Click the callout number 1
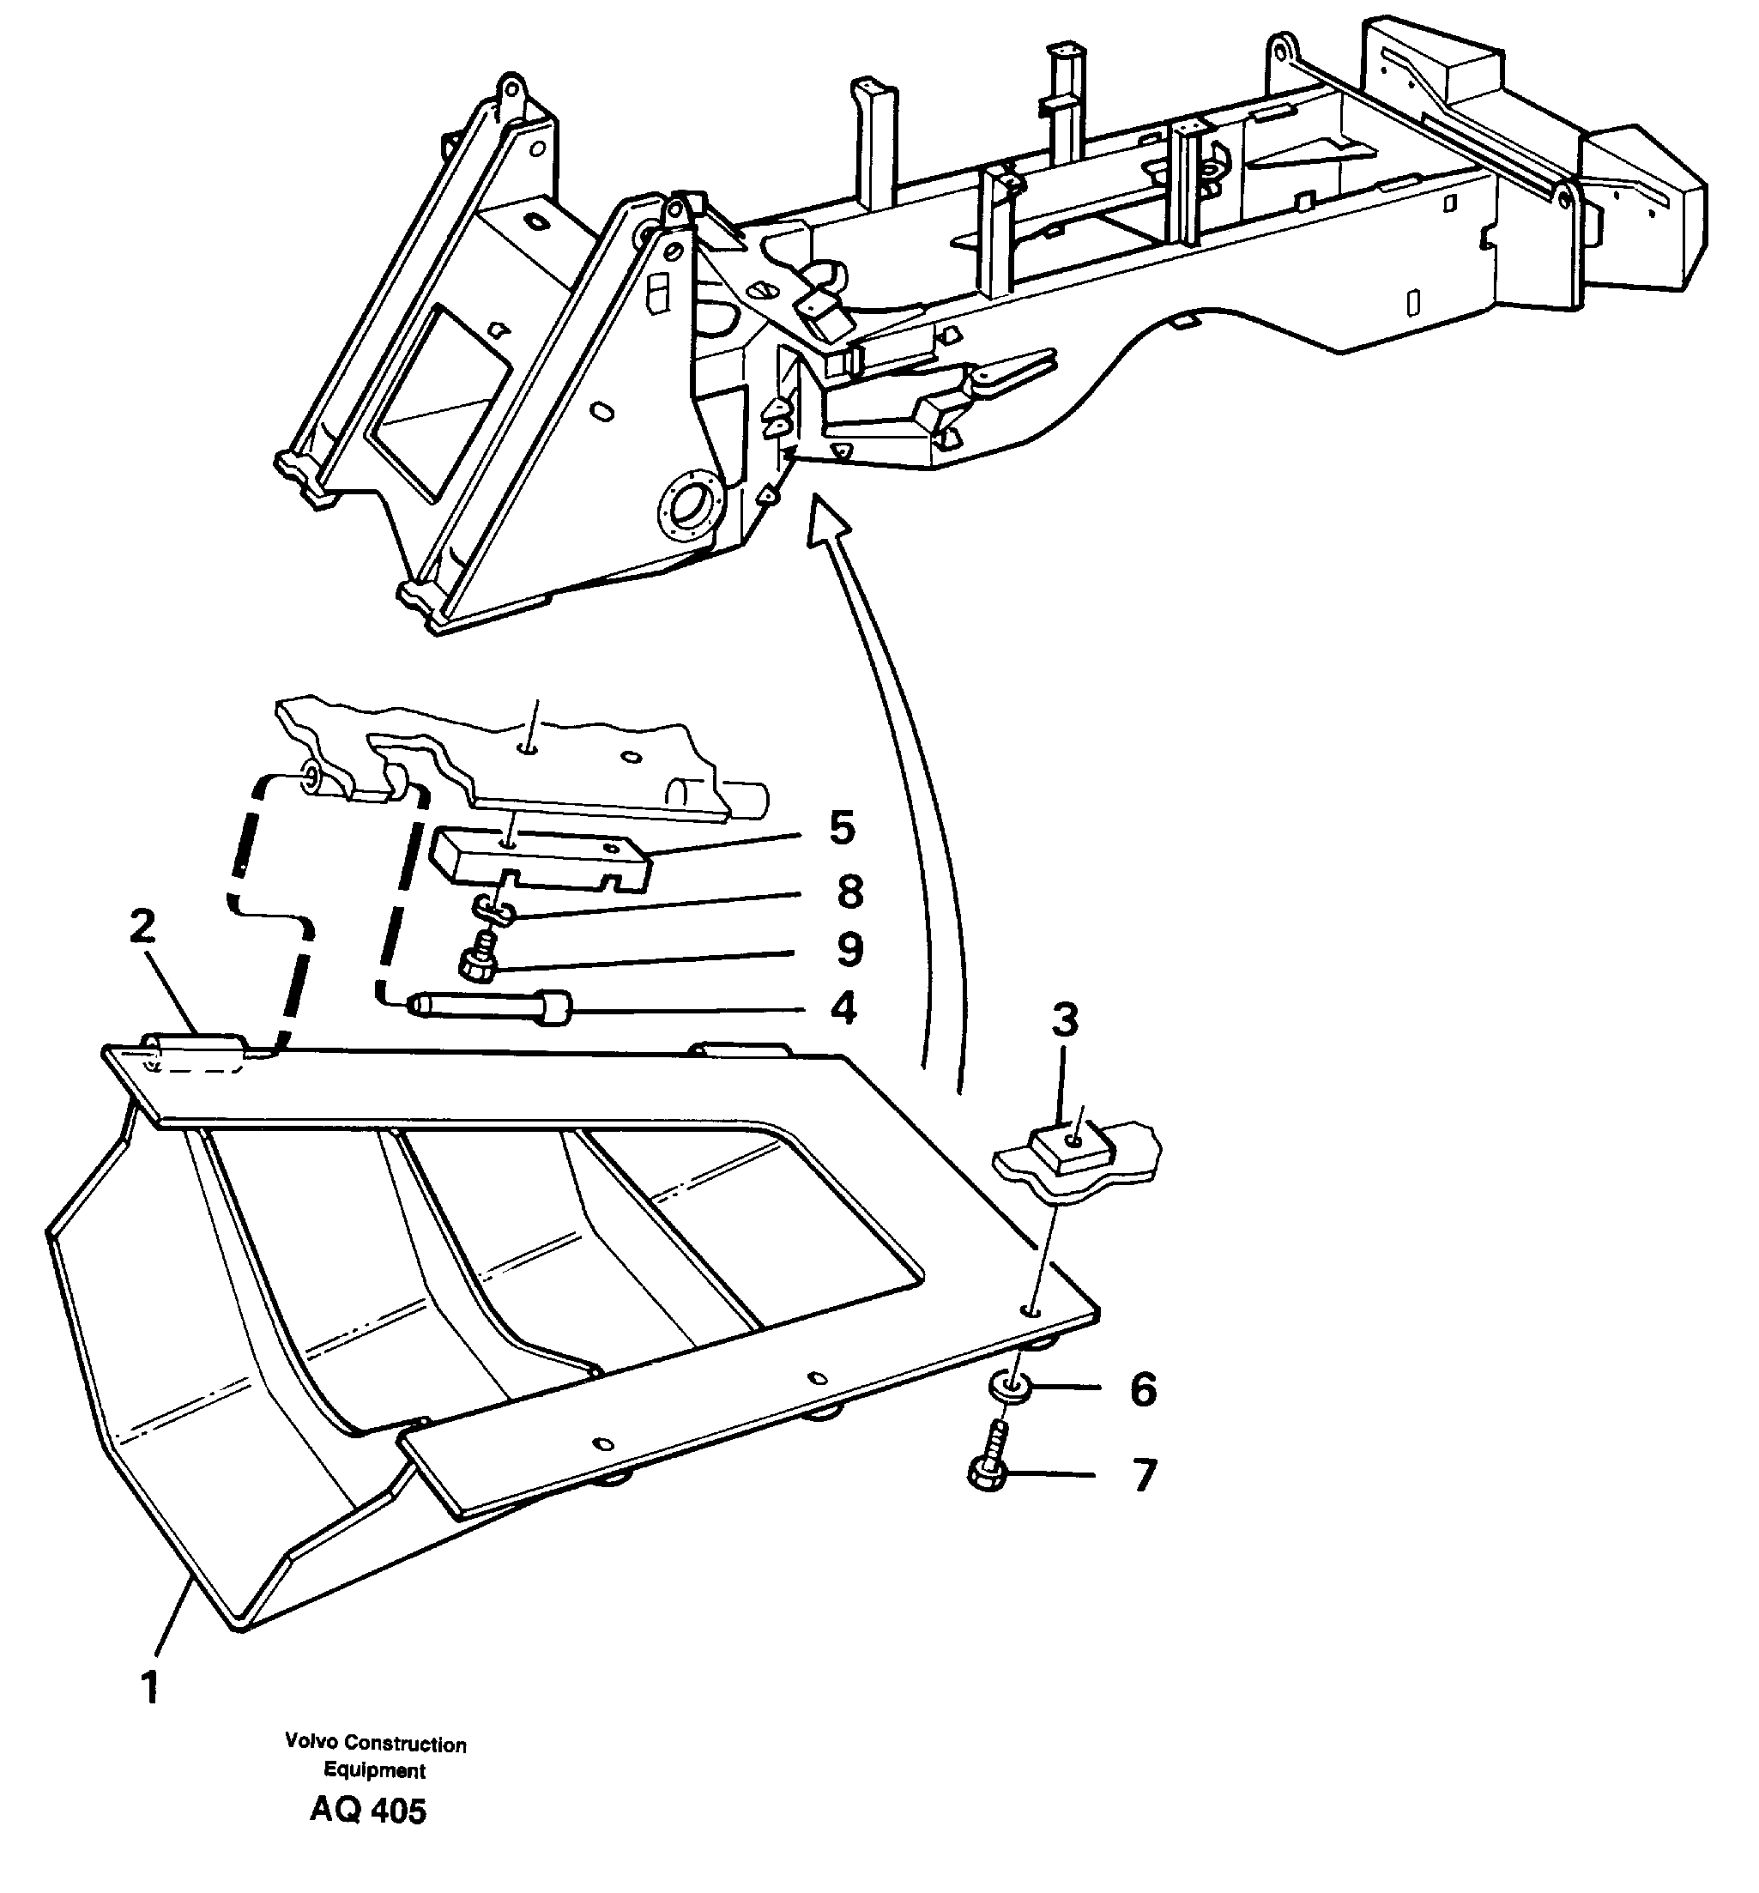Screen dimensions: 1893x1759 tap(149, 1687)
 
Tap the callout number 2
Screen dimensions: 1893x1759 tap(142, 926)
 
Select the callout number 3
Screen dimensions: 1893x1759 tap(1065, 1019)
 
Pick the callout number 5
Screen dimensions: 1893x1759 tap(842, 827)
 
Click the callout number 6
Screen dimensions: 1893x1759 tap(1142, 1388)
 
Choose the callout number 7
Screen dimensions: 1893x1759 tap(1143, 1474)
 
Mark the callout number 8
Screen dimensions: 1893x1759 tap(849, 892)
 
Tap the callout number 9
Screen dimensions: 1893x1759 tap(849, 949)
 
